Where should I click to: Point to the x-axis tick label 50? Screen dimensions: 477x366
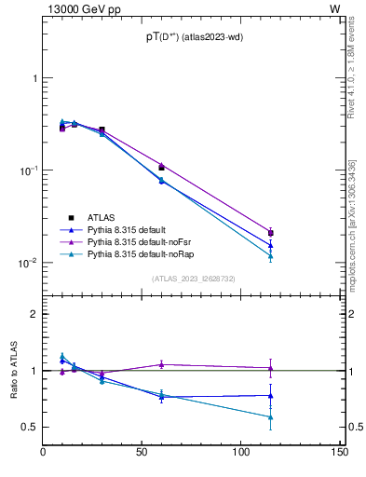[x=142, y=453]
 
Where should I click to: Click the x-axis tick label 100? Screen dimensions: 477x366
[x=240, y=453]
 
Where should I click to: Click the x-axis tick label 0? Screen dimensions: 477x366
[x=44, y=453]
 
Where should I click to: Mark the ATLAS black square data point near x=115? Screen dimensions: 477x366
[x=270, y=233]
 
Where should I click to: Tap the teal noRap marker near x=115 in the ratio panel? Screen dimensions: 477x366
[x=270, y=416]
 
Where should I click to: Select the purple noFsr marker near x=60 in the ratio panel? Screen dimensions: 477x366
[x=161, y=364]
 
